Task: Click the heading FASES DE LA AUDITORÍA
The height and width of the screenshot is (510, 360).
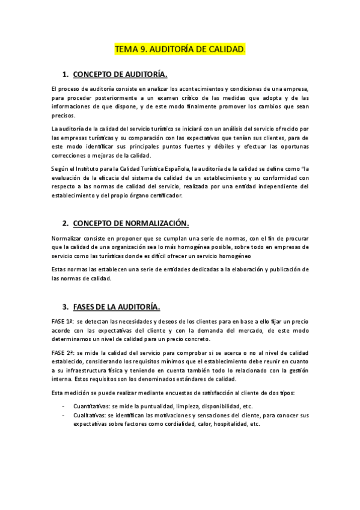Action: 116,307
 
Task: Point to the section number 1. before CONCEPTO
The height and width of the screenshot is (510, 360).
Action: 66,75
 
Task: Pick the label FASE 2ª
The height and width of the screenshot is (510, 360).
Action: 63,352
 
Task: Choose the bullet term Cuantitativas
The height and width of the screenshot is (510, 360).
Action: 93,406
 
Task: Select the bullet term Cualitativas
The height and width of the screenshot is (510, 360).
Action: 91,415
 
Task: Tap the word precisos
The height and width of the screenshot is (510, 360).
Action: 63,115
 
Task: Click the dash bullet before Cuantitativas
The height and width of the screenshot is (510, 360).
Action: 65,406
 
